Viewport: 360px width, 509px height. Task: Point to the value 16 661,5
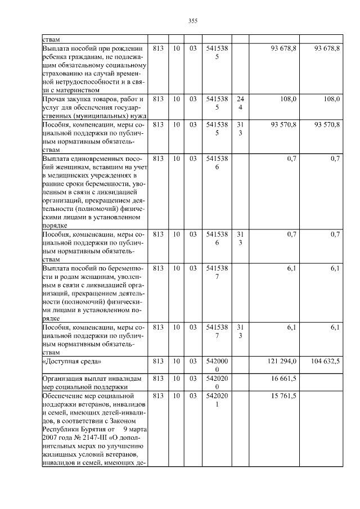(x=283, y=379)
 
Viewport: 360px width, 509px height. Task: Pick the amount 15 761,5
(x=283, y=397)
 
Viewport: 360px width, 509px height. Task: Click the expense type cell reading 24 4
(x=240, y=103)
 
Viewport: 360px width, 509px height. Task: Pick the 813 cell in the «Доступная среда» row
(x=158, y=362)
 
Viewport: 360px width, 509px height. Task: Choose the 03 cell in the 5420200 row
(x=192, y=379)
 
